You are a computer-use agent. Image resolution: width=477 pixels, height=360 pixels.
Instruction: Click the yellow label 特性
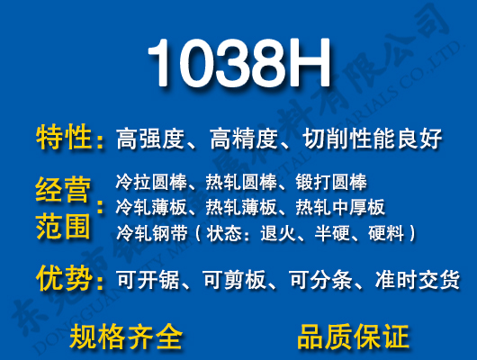65,139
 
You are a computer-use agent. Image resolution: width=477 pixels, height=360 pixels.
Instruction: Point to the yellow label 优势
65,279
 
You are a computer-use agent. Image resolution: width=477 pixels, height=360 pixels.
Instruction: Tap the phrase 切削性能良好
373,139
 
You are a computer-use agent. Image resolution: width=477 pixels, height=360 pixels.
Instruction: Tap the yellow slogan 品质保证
353,337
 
